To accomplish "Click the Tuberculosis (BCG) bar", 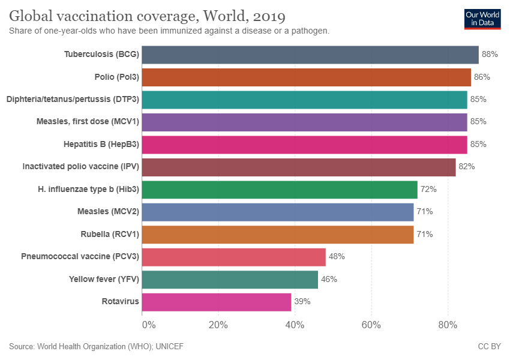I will (x=310, y=55).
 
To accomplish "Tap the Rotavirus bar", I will (x=217, y=302).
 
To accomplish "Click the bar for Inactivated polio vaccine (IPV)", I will (x=299, y=167).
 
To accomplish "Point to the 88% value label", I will (x=490, y=55).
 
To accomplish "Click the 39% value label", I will (x=302, y=302).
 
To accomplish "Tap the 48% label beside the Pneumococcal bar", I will (x=337, y=257).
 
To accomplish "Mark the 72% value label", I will (x=428, y=190).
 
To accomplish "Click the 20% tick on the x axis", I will (x=218, y=325).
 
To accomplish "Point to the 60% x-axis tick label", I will (x=371, y=325).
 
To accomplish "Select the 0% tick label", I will (x=148, y=325).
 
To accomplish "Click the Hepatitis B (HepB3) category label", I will (x=101, y=145).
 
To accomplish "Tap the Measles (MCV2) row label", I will (x=109, y=212).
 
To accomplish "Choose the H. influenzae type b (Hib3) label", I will (x=88, y=190).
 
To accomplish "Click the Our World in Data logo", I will (x=482, y=19).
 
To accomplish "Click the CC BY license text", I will (x=489, y=347).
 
